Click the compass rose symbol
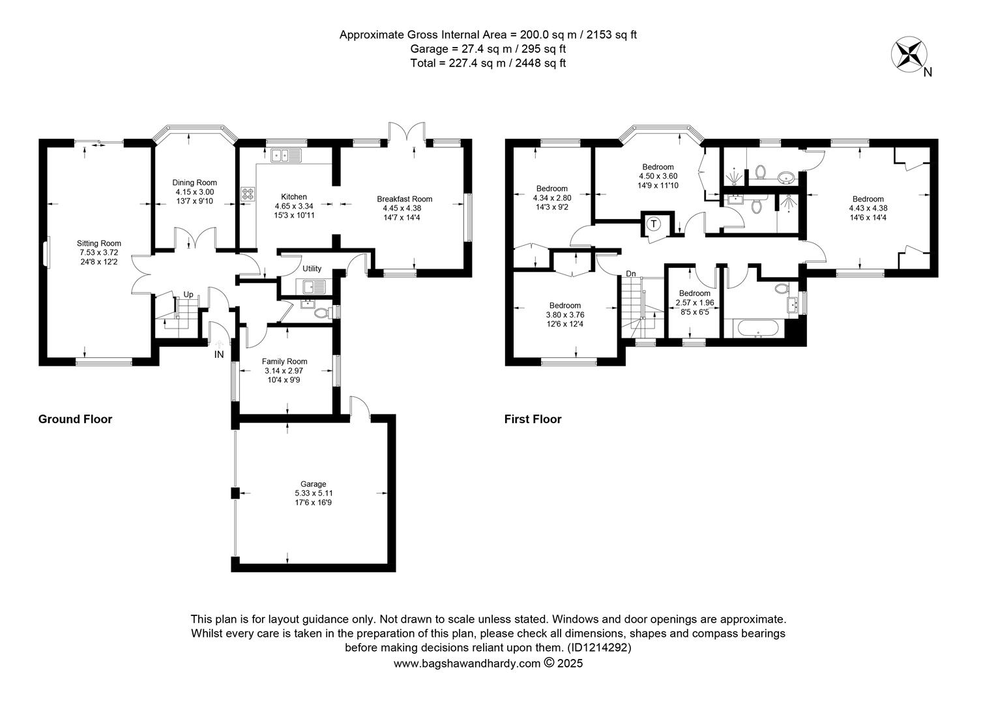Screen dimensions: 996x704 click(909, 54)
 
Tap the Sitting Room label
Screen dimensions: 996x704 click(98, 243)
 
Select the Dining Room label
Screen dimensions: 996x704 click(194, 183)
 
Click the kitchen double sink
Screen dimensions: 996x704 click(286, 155)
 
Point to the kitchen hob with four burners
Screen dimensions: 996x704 click(248, 194)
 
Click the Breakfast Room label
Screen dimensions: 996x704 click(404, 199)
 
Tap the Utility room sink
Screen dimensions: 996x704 click(314, 287)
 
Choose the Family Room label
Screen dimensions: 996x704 click(284, 362)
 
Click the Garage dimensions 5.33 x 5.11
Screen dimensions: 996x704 click(314, 493)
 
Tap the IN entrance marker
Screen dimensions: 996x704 click(219, 355)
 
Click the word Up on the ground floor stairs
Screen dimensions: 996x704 click(188, 295)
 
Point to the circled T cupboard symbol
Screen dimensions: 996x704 click(654, 223)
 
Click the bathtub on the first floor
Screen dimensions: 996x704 click(758, 329)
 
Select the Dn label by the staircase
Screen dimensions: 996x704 click(630, 274)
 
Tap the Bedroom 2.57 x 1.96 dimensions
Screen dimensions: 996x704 click(695, 302)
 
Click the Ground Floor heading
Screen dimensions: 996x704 click(75, 419)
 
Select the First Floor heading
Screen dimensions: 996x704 click(533, 419)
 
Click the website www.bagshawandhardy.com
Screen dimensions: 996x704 click(467, 664)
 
